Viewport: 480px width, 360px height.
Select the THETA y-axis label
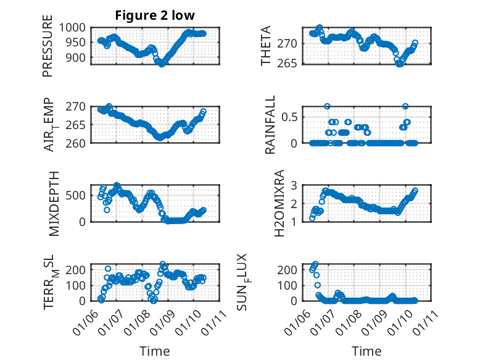point(266,45)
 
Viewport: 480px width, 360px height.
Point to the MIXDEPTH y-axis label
point(54,203)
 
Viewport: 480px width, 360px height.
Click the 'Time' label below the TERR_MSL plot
point(154,351)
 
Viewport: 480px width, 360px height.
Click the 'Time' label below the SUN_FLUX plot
point(366,351)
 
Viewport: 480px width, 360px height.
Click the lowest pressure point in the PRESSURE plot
point(162,64)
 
